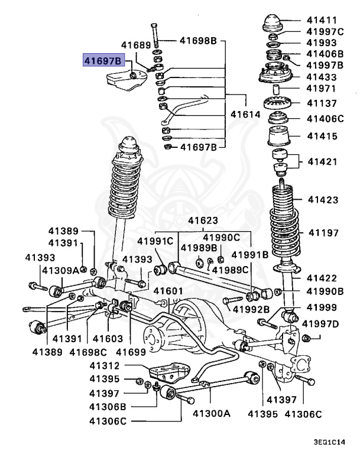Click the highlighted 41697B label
pos(103,60)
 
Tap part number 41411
pos(322,20)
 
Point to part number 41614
pos(245,114)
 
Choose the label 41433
pos(322,77)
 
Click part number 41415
pos(322,136)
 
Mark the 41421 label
pos(322,160)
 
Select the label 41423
pos(322,200)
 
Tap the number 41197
pos(322,233)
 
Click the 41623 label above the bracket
pos(203,221)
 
